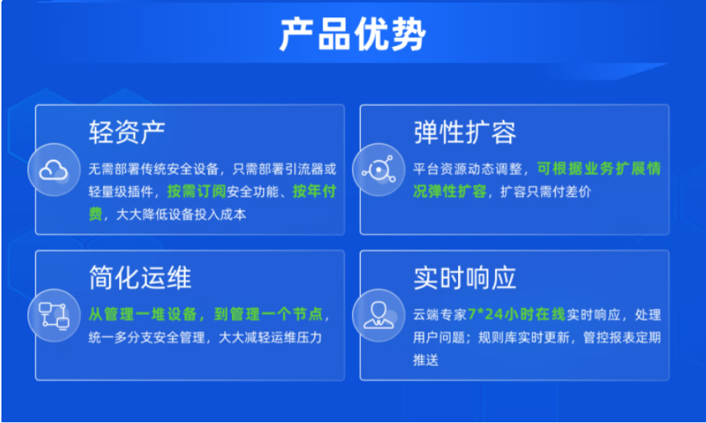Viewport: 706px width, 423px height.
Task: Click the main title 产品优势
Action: [353, 35]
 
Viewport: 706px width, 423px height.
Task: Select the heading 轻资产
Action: [127, 132]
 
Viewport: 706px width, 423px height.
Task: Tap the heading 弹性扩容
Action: [465, 132]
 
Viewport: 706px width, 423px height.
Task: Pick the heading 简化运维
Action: [140, 277]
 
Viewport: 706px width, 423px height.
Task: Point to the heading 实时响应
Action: [465, 278]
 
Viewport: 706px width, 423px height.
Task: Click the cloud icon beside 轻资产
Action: [54, 170]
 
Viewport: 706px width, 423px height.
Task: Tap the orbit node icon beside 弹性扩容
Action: [379, 170]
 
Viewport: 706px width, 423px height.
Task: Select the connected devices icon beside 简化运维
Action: [54, 315]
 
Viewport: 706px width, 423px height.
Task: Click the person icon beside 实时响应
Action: [379, 315]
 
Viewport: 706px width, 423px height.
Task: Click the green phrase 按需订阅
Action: [197, 191]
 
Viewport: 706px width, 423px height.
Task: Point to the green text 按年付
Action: [314, 191]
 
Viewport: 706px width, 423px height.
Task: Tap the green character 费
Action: [95, 214]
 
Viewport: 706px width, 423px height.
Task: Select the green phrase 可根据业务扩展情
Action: [599, 169]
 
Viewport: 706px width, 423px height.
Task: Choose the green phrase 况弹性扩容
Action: [449, 191]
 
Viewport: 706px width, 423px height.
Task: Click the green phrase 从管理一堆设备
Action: [143, 314]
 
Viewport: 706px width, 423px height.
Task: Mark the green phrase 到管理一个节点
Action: [268, 314]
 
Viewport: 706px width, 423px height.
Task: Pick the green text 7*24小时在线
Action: [517, 314]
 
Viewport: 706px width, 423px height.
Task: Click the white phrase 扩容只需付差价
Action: [546, 192]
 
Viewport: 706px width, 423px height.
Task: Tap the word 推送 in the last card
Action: [426, 360]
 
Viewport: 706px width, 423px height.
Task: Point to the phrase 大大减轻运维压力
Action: [270, 337]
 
